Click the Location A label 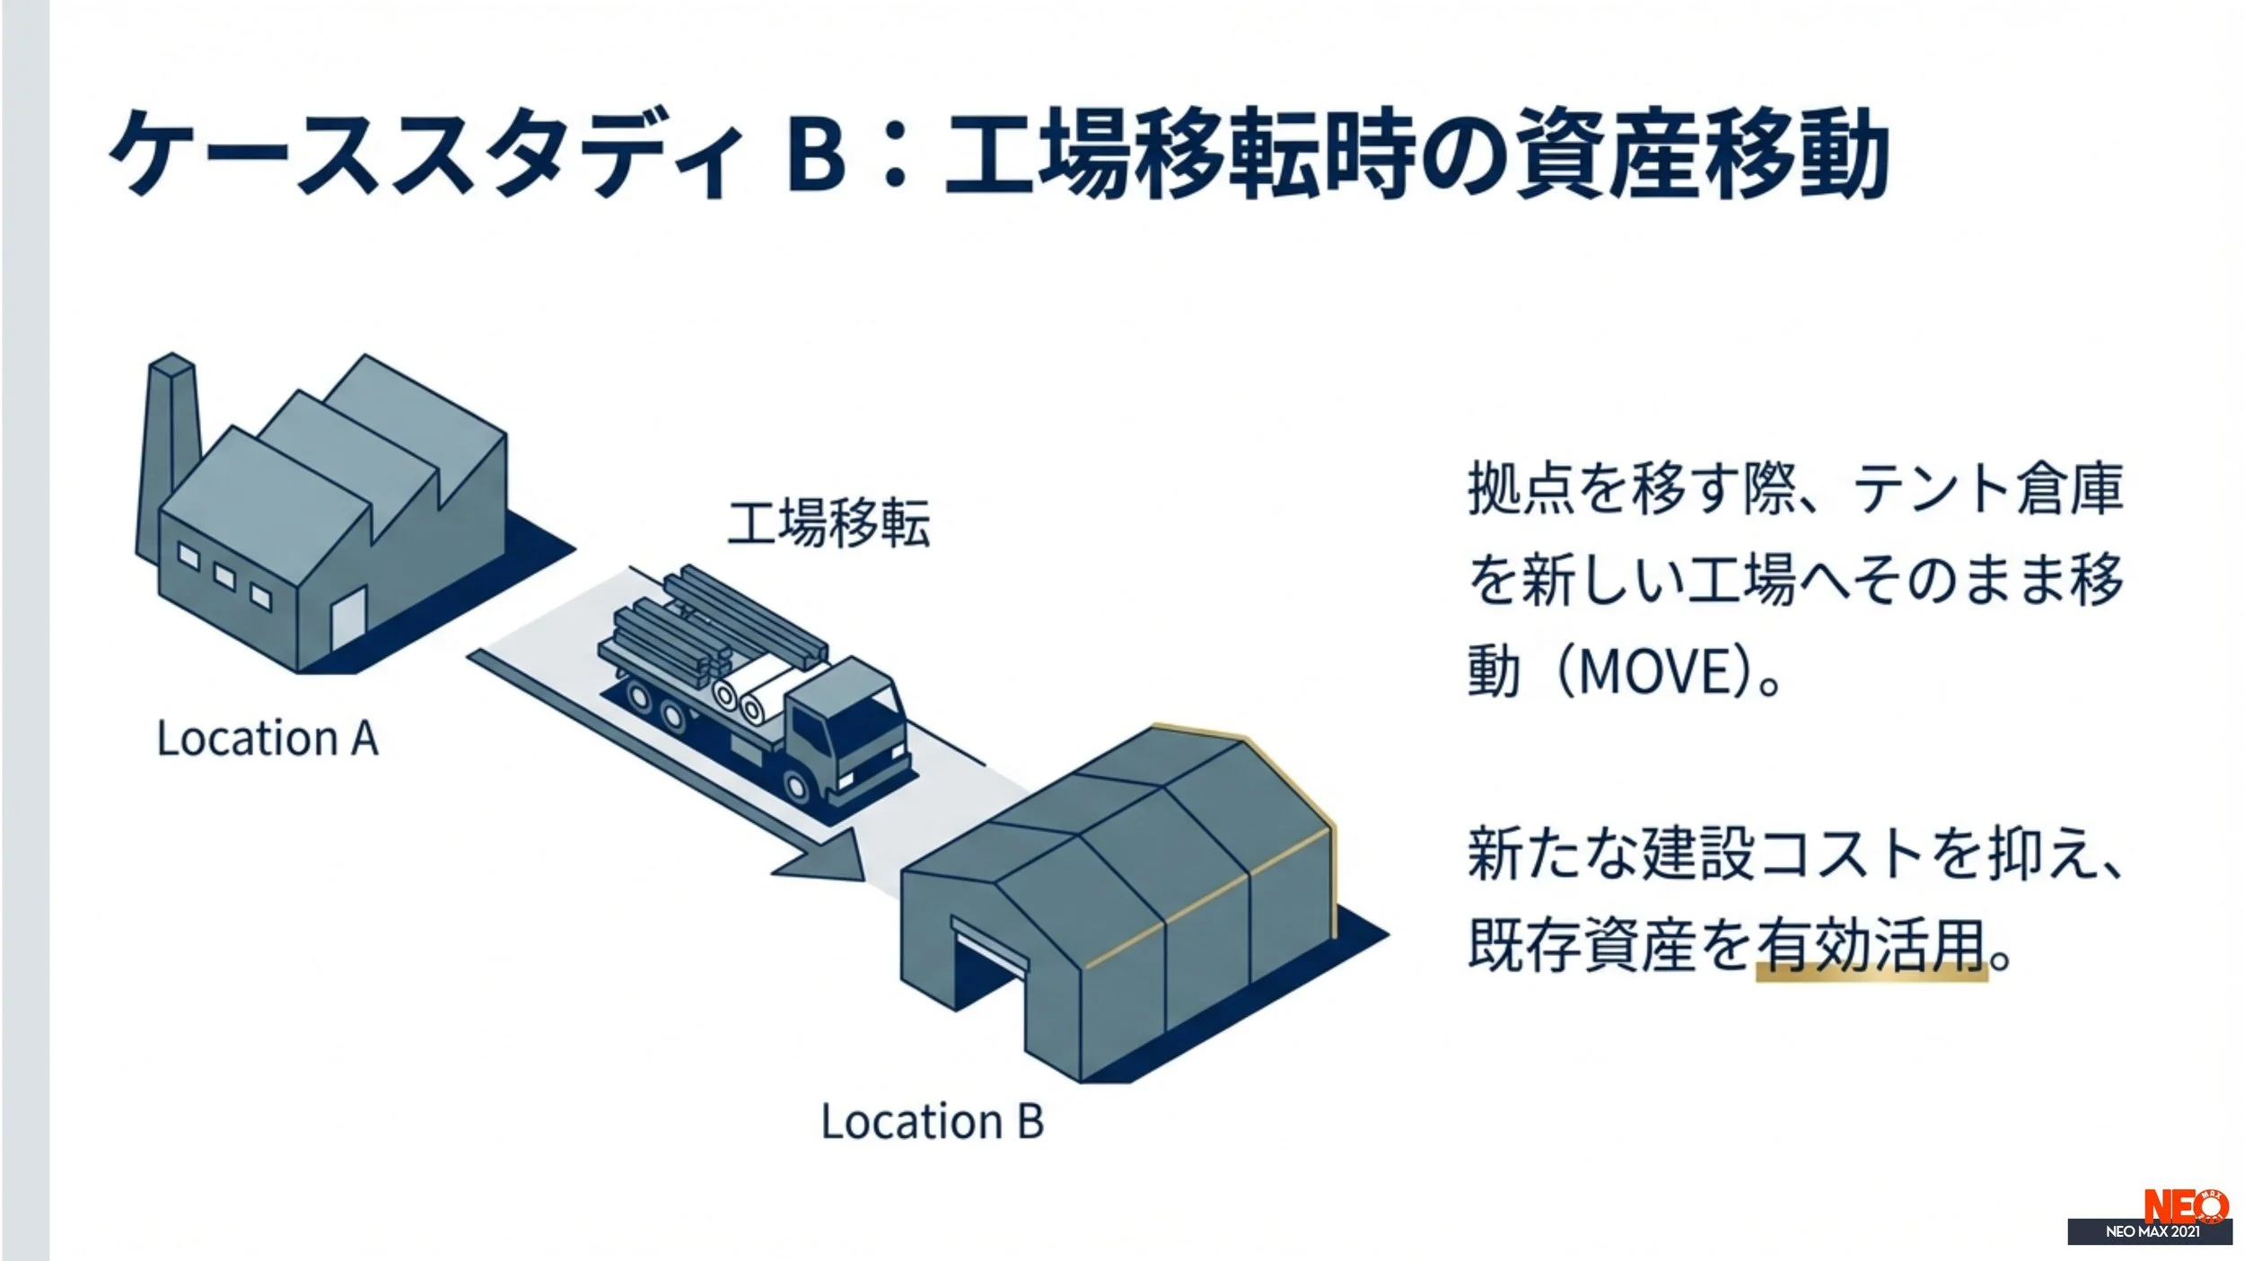click(267, 739)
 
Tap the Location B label click(933, 1121)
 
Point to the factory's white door click(348, 618)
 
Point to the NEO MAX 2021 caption click(2152, 1231)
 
